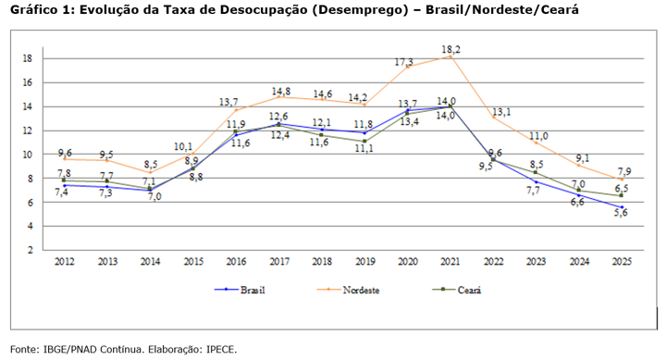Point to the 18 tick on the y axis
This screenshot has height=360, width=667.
click(29, 58)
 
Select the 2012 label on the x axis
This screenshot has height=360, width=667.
click(63, 263)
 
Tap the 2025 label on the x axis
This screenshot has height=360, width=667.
click(622, 263)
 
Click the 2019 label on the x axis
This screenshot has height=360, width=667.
click(364, 263)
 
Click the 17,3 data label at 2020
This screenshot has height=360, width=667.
click(404, 62)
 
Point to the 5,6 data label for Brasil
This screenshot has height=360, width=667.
click(622, 213)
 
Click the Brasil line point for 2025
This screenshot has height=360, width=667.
click(622, 207)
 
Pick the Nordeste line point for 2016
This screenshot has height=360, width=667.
click(235, 110)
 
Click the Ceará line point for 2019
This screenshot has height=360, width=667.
click(364, 142)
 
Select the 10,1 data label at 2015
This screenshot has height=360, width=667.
click(184, 146)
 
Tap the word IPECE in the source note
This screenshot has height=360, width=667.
click(220, 349)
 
